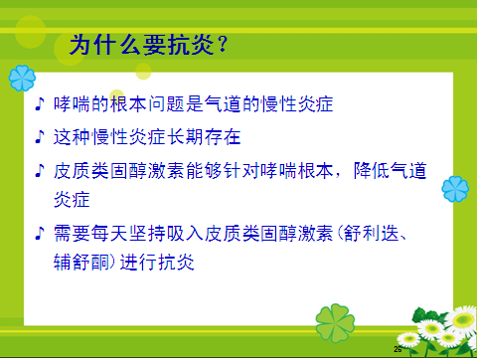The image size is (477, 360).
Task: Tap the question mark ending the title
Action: pos(226,45)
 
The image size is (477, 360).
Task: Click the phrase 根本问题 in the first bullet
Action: pos(145,105)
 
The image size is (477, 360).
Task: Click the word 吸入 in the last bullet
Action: pos(190,236)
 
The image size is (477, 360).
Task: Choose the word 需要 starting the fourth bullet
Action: pos(72,236)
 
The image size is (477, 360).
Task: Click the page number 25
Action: pos(398,350)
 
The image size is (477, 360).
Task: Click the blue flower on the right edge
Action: pos(455,186)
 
